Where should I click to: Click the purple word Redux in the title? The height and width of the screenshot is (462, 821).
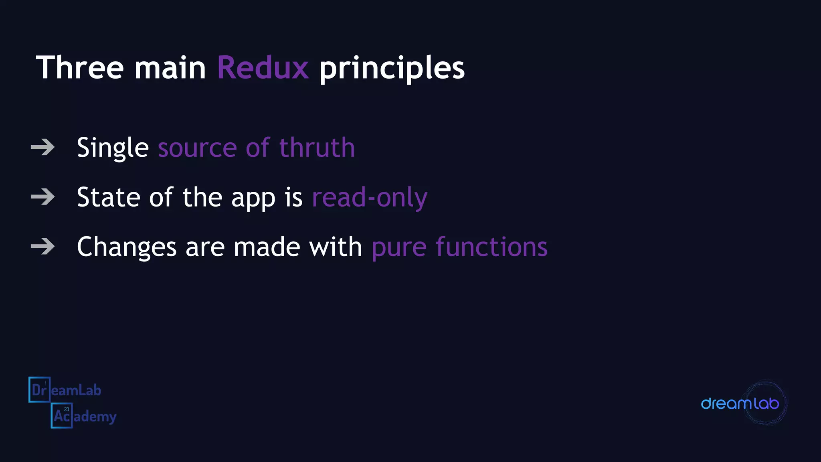[263, 68]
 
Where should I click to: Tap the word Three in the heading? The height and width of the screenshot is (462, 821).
[80, 68]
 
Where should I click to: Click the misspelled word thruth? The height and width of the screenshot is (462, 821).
[317, 148]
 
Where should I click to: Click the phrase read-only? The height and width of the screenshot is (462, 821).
[369, 198]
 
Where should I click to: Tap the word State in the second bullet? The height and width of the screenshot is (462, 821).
[108, 197]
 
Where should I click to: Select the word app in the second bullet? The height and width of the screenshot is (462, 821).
[253, 199]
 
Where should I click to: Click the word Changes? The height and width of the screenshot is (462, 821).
[126, 247]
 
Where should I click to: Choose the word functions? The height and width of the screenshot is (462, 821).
[491, 247]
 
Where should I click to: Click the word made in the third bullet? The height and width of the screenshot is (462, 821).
[267, 247]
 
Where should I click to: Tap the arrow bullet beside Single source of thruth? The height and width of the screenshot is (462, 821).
[42, 147]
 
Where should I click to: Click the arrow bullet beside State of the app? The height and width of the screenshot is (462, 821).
[42, 197]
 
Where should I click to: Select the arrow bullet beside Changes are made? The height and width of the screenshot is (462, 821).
[42, 246]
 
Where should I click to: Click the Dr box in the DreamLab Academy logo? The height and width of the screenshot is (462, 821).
[39, 389]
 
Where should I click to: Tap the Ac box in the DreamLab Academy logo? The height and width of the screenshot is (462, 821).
[62, 415]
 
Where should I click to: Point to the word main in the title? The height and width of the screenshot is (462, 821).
[170, 68]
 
